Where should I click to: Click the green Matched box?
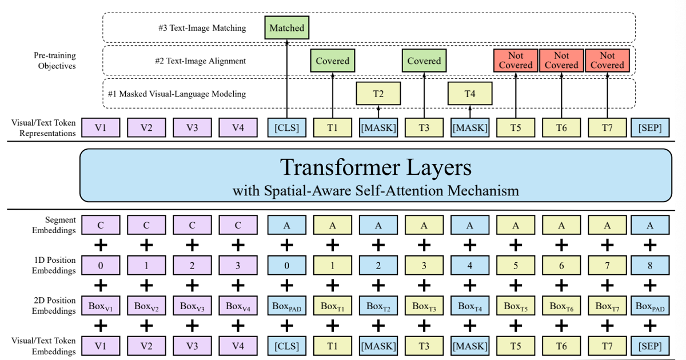(286, 27)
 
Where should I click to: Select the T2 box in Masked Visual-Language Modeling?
(378, 94)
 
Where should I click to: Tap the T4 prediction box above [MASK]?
(469, 94)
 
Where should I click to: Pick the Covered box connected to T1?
(332, 61)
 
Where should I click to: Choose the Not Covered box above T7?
(607, 61)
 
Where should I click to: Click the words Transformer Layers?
(376, 167)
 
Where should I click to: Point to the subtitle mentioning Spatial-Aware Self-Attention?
(376, 190)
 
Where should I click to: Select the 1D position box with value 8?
(650, 265)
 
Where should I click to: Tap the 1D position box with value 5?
(516, 265)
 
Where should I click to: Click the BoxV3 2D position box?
(193, 306)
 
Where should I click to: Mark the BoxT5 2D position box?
(516, 306)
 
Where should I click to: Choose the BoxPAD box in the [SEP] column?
(650, 306)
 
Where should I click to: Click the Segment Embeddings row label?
(55, 225)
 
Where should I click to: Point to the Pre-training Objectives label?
(55, 61)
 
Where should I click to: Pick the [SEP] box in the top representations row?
(650, 127)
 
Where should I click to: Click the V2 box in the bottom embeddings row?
(146, 346)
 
